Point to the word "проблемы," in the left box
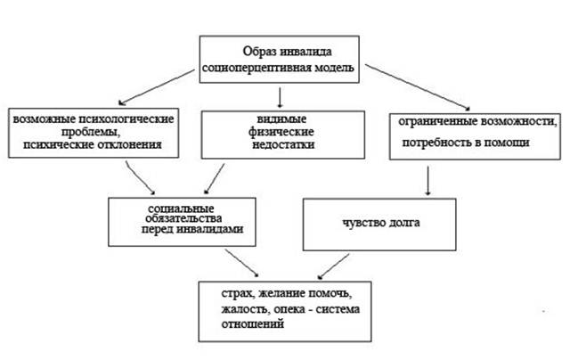[91, 132]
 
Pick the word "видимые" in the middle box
[281, 119]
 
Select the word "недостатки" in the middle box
[283, 144]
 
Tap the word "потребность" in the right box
[434, 143]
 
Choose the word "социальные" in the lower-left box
[181, 209]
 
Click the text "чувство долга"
[381, 222]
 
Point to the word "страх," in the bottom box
[238, 293]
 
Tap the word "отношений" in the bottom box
[253, 323]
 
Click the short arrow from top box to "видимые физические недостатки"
[280, 97]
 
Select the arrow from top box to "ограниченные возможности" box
[418, 87]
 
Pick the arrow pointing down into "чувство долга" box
[427, 181]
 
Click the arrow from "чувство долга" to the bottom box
[333, 266]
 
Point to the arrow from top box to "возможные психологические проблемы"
[157, 87]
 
